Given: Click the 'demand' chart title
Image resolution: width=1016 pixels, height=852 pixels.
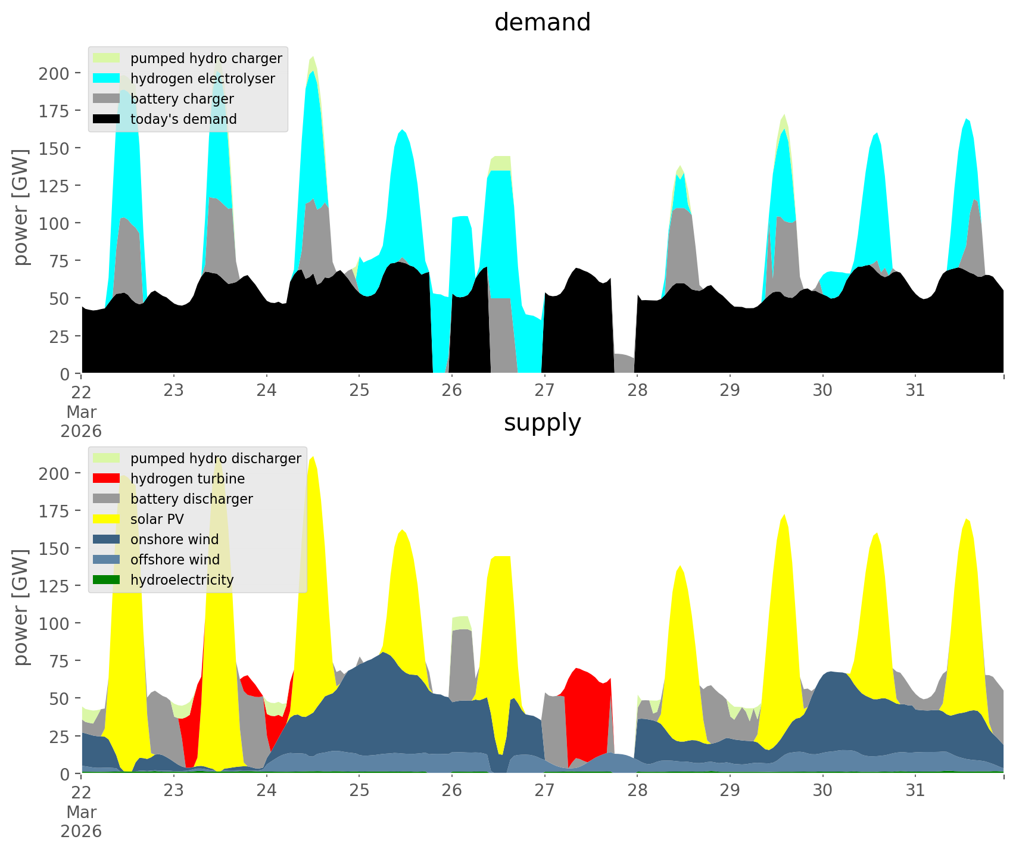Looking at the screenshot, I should [542, 23].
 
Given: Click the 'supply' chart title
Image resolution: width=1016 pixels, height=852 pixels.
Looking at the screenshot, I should [542, 423].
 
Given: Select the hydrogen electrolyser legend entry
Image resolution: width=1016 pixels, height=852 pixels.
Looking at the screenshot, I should [202, 79].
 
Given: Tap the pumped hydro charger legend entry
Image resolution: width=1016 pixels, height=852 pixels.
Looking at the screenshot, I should [206, 58].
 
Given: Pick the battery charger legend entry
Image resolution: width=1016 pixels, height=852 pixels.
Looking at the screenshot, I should [182, 99].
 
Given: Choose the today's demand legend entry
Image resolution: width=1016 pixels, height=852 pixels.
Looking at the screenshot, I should [183, 119].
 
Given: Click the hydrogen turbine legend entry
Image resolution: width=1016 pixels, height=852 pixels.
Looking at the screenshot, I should [188, 479].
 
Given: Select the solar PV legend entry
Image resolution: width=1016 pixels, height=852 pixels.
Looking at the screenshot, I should [157, 519].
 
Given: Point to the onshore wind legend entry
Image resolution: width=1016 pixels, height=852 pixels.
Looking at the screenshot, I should [174, 539].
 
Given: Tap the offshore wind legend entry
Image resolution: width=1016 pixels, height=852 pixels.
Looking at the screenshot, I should [175, 560].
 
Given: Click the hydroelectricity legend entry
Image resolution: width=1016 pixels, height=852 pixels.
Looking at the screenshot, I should [182, 580].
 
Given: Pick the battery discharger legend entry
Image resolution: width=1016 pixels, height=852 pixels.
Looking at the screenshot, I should [191, 499].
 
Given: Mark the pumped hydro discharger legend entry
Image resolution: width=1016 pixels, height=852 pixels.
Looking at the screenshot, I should [216, 458].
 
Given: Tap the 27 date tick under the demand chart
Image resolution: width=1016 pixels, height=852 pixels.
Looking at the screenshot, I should [544, 391].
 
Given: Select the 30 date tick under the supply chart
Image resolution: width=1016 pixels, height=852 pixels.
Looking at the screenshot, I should [822, 791].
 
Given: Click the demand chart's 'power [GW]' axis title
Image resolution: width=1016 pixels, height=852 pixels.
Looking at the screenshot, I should [20, 207].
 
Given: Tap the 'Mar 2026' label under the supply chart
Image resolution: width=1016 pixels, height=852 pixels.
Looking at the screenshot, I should [81, 822].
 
